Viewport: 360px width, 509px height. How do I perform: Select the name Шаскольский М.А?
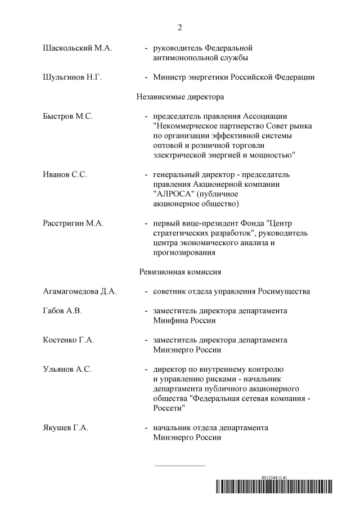(78, 48)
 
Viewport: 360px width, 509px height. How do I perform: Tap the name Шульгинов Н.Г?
(72, 77)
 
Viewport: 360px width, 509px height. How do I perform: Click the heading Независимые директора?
(180, 97)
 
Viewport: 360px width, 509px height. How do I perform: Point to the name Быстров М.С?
(68, 116)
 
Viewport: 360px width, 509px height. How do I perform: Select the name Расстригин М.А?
(74, 223)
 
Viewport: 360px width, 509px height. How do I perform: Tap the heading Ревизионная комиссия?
(180, 272)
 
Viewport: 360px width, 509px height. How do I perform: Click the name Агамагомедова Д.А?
(80, 291)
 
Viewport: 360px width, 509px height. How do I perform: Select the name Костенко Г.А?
(69, 340)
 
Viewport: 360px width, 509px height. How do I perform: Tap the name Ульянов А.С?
(67, 369)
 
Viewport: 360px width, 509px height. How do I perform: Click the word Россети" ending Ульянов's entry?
(169, 408)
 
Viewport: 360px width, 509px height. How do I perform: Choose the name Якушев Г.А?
(66, 427)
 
